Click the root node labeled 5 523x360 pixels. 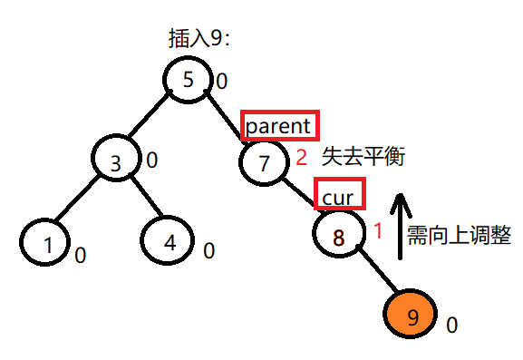(189, 79)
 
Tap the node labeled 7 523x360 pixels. (265, 163)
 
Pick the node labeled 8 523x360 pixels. (339, 238)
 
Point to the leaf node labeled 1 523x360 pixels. (44, 242)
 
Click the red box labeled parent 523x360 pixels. (280, 125)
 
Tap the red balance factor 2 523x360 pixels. (302, 158)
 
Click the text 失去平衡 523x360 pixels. (362, 158)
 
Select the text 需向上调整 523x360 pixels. (459, 237)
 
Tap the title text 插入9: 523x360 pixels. (199, 38)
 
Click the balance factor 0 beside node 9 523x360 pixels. (452, 323)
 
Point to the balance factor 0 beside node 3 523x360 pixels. (151, 161)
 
